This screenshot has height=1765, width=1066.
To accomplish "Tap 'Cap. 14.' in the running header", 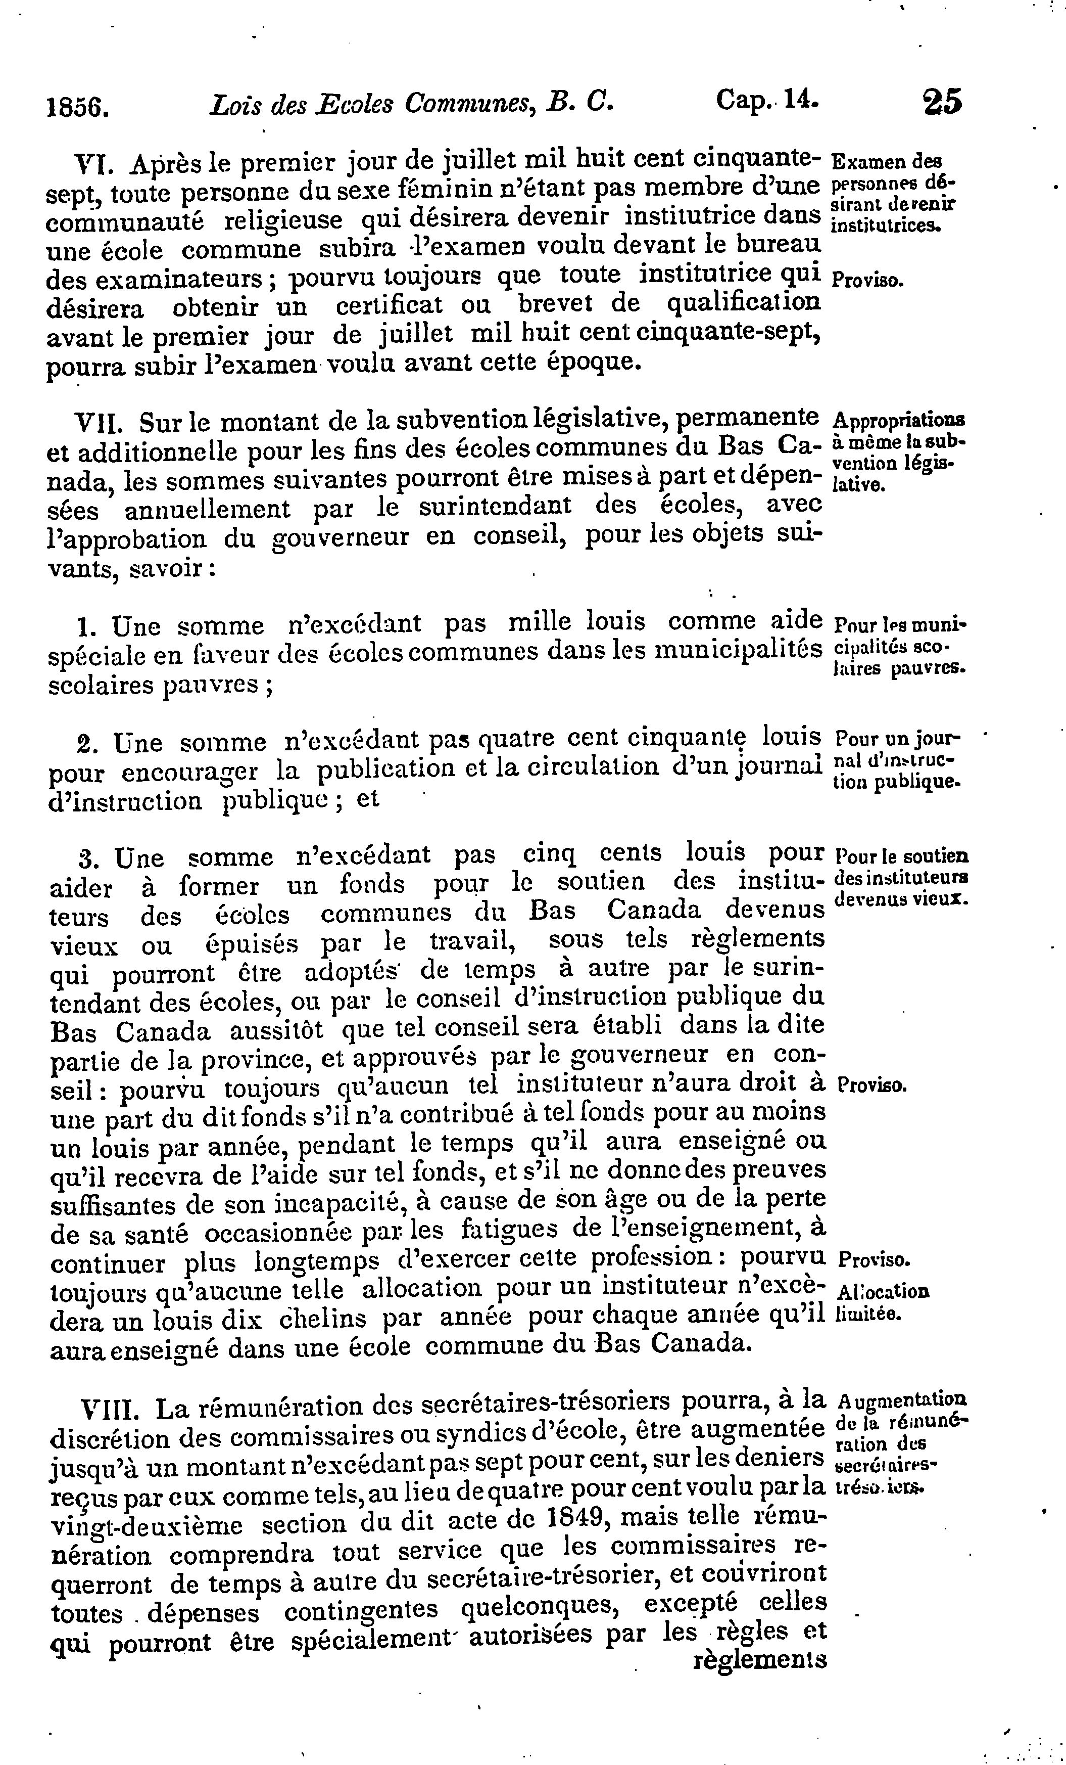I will [767, 100].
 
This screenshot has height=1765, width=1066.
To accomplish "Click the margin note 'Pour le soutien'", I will [902, 856].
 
